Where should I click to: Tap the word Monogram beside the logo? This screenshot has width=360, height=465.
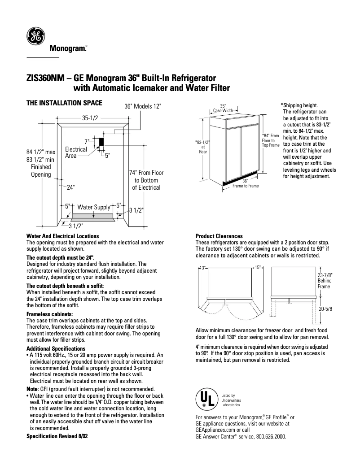[x=67, y=48]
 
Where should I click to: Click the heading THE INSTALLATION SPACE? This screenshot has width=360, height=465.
[x=65, y=103]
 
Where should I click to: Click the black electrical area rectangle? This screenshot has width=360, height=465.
[x=101, y=142]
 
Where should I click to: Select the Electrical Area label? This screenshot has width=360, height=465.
[x=76, y=152]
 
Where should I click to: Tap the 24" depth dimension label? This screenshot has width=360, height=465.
[x=70, y=187]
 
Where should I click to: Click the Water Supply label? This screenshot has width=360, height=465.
[x=94, y=207]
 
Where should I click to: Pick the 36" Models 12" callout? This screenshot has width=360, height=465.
[x=142, y=106]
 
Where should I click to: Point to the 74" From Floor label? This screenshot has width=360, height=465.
[x=146, y=180]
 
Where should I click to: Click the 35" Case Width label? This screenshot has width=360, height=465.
[x=223, y=108]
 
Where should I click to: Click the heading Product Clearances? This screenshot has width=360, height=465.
[x=219, y=236]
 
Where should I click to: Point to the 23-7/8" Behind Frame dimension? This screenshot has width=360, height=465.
[x=324, y=280]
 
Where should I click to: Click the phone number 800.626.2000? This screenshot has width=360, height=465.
[x=271, y=436]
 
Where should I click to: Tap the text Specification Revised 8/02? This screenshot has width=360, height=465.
[x=57, y=436]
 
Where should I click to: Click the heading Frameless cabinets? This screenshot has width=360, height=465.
[x=49, y=314]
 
